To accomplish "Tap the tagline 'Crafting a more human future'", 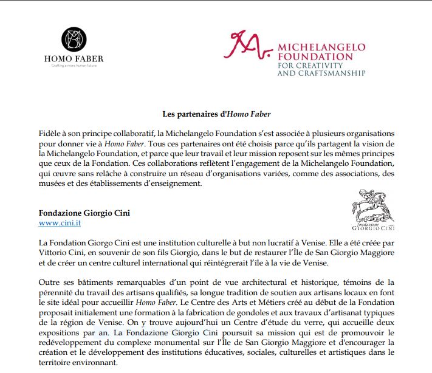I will (x=81, y=65).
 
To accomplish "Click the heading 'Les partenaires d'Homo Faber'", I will (x=216, y=114).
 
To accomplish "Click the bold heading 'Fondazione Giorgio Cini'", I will (x=84, y=213).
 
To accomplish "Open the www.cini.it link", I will (x=60, y=224).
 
